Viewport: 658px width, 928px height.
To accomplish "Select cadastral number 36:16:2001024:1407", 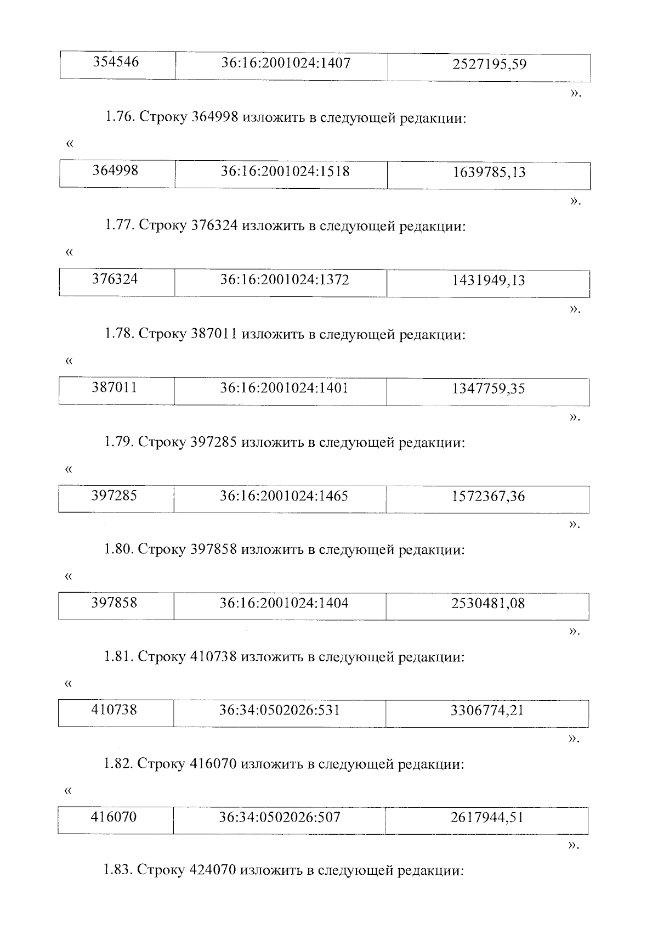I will (x=285, y=64).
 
